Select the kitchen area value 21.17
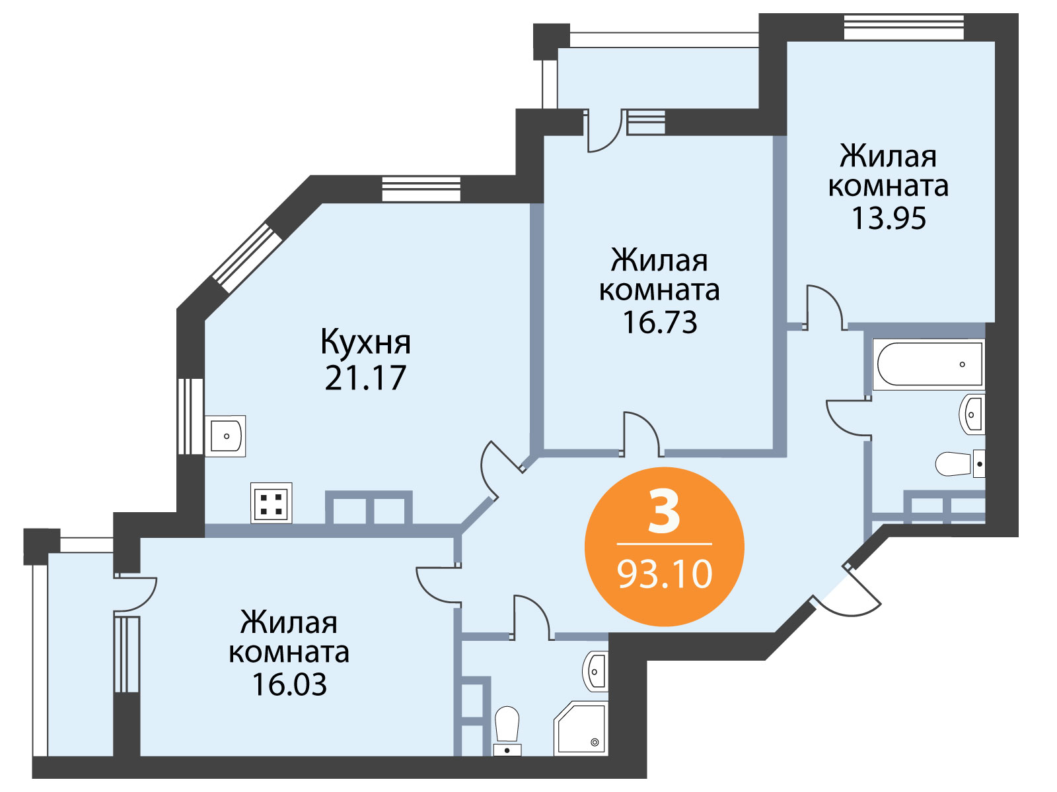coord(365,378)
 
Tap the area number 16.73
coord(660,322)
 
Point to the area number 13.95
coord(889,218)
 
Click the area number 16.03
coord(289,685)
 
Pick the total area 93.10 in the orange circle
coord(665,574)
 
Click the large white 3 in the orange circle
coord(664,511)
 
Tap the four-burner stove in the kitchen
coord(271,503)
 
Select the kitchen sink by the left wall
coord(225,436)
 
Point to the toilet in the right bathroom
coord(960,464)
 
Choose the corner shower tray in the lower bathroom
coord(581,729)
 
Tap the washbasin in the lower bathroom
coord(595,671)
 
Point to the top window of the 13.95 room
coord(904,27)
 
